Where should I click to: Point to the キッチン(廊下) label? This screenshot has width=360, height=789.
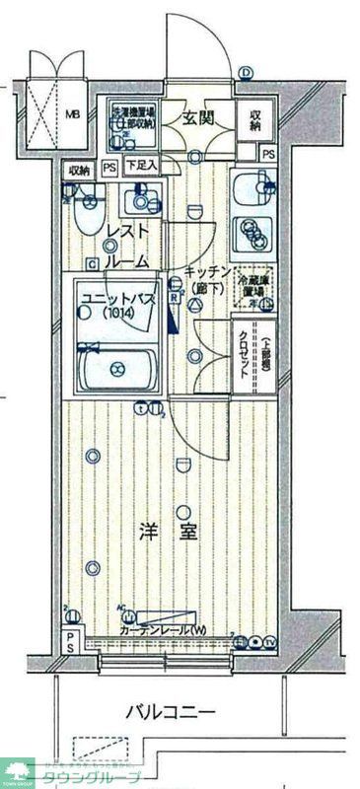tap(206, 280)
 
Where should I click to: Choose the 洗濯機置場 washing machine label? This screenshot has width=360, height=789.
tap(134, 117)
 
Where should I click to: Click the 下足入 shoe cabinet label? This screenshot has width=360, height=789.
tap(142, 166)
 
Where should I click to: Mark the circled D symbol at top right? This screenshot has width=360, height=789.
tap(246, 72)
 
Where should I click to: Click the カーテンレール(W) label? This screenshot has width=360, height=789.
tap(164, 630)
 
